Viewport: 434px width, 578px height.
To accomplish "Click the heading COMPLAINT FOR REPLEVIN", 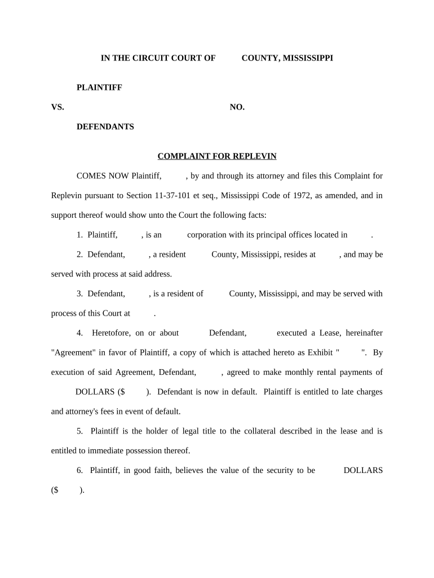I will tap(216, 156).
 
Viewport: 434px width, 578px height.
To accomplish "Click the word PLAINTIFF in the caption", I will tap(99, 87).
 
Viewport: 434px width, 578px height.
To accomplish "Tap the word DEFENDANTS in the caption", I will tap(105, 127).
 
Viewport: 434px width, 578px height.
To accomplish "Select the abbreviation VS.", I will tap(57, 107).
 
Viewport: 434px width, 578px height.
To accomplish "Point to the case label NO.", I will tap(237, 107).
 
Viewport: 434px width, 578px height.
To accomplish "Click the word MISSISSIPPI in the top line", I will tap(307, 58).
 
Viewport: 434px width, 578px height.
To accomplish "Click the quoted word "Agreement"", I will tap(74, 353).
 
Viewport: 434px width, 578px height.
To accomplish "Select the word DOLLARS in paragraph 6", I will tap(363, 470).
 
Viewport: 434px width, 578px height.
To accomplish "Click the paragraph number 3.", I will tap(79, 294).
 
